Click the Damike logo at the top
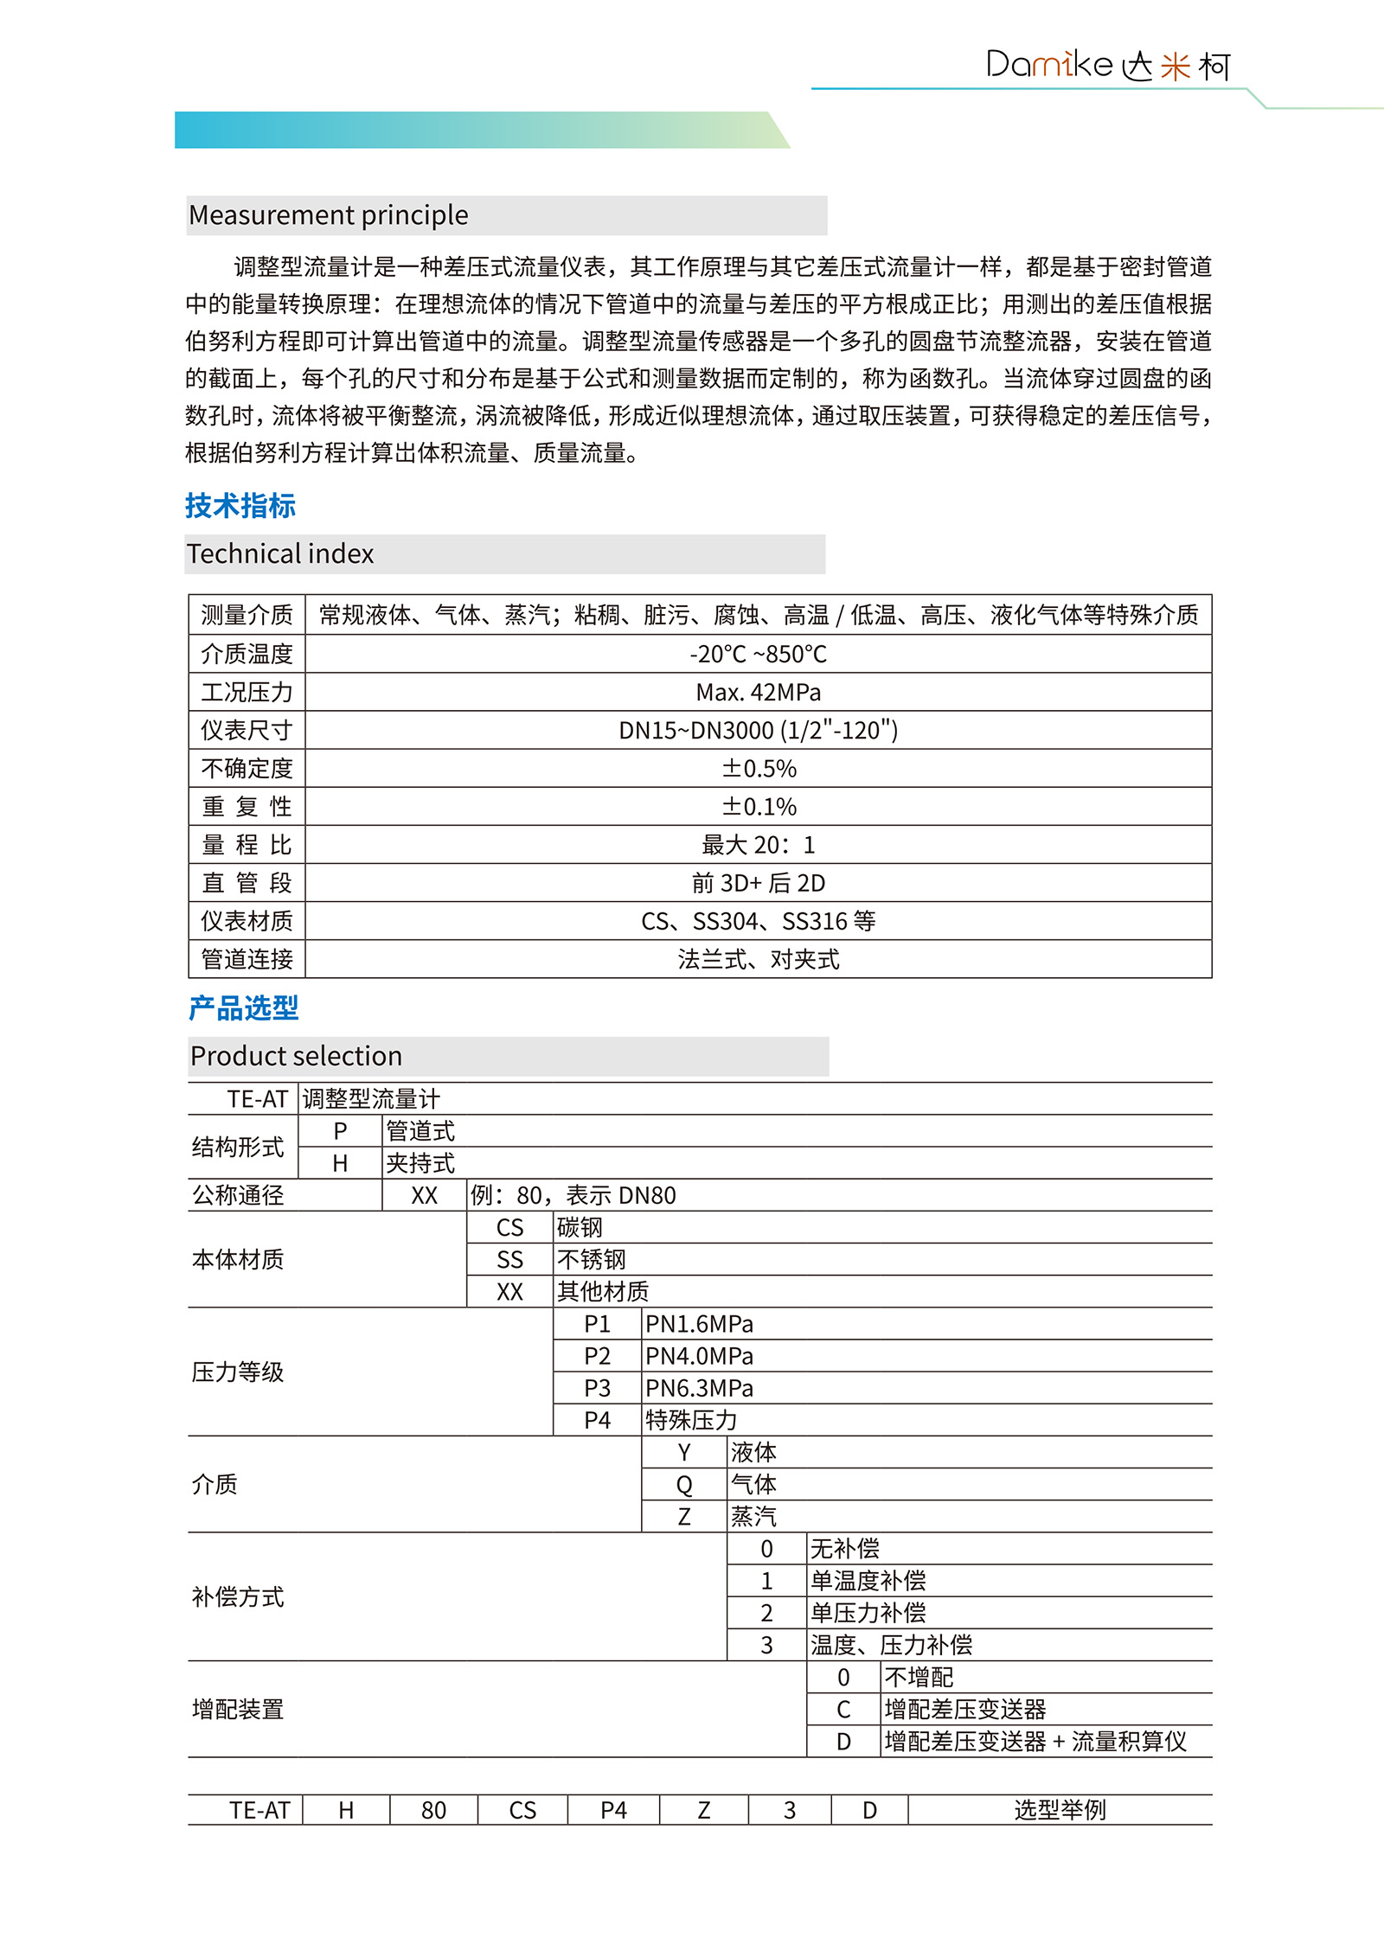[x=1107, y=66]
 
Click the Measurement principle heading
[x=329, y=214]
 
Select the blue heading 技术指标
[x=240, y=506]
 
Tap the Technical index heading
[x=280, y=553]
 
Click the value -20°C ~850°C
[x=758, y=654]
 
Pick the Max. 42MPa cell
[x=758, y=692]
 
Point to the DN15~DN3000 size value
[x=758, y=731]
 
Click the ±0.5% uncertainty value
[x=758, y=769]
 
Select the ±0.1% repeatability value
[x=758, y=807]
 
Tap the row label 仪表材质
[x=247, y=921]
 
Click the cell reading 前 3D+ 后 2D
[x=758, y=883]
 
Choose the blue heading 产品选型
[x=244, y=1008]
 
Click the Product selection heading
[x=296, y=1056]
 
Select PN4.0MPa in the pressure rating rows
[x=699, y=1356]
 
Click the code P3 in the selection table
[x=597, y=1388]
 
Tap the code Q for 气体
[x=684, y=1485]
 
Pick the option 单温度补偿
[x=868, y=1581]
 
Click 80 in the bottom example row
[x=433, y=1810]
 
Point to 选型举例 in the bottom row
[x=1060, y=1810]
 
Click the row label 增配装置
[x=238, y=1709]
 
